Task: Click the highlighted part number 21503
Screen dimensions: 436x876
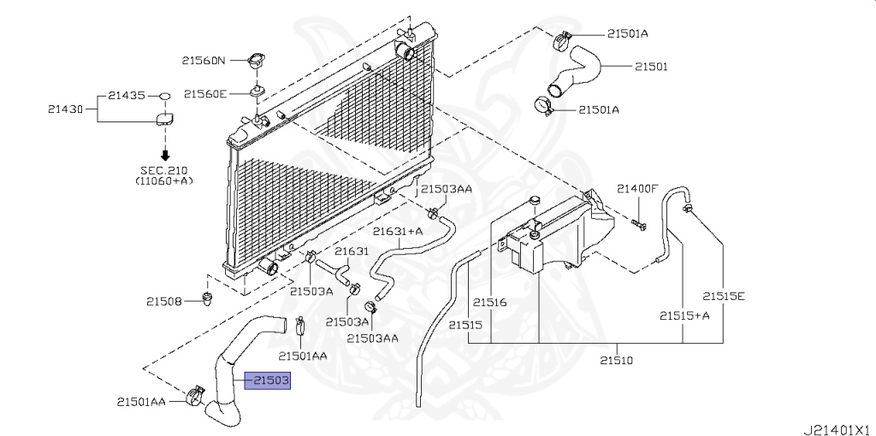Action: coord(268,380)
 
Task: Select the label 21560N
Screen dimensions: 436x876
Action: coord(203,61)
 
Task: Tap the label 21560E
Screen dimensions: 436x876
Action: coord(205,93)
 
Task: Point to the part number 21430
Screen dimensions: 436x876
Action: coord(66,109)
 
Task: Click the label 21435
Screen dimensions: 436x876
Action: coord(126,96)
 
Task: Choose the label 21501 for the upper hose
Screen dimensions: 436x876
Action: coord(650,66)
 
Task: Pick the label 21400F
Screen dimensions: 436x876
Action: coord(638,189)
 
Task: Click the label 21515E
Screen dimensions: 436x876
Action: coord(725,297)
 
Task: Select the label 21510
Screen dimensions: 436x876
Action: coord(615,361)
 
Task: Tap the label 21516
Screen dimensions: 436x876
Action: coord(491,303)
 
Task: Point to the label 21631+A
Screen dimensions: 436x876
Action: coord(398,231)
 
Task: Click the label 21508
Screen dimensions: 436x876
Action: coord(163,300)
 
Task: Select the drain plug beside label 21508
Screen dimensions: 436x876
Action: coord(206,298)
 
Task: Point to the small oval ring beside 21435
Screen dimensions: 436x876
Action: coord(166,96)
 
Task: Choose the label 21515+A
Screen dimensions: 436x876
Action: coord(684,315)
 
